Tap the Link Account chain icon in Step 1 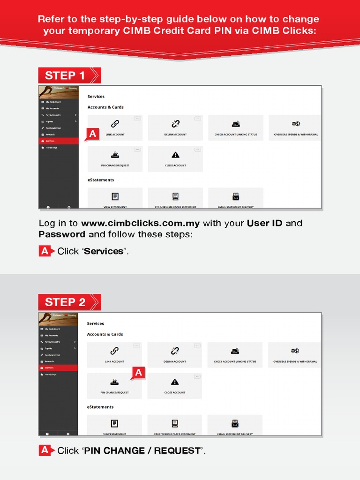(115, 124)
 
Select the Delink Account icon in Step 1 (175, 124)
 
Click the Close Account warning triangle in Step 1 (175, 155)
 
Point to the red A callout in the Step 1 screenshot (93, 135)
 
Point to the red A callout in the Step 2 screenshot (138, 373)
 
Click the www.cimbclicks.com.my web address (141, 223)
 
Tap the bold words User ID (265, 223)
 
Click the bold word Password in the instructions (62, 234)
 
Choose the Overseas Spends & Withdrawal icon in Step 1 (296, 124)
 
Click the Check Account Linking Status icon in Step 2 (235, 351)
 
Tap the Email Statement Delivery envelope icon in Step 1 (236, 197)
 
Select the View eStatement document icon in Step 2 (114, 424)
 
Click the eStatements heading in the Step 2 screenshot (100, 407)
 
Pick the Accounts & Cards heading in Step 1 (105, 107)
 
